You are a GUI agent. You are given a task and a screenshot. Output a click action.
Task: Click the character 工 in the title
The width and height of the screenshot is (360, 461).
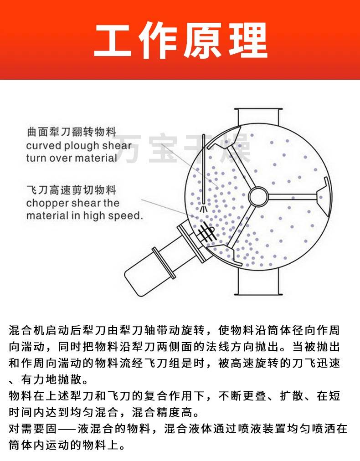113,40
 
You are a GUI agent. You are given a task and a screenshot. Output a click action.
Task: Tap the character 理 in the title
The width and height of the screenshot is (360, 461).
247,40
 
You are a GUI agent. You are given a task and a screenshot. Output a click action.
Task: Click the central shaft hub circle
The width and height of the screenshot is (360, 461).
258,196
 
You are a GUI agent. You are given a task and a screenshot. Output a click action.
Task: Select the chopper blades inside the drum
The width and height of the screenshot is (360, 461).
206,231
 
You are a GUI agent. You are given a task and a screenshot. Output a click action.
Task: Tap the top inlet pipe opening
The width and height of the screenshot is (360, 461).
258,109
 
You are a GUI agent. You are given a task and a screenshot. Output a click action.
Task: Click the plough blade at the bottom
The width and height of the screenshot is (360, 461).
225,254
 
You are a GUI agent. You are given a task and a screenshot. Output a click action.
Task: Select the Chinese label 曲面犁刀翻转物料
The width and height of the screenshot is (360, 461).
72,132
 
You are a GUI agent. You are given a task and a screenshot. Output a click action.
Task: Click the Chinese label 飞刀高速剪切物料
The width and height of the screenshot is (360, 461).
72,190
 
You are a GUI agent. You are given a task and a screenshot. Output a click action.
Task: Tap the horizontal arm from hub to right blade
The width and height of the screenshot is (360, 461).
293,196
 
